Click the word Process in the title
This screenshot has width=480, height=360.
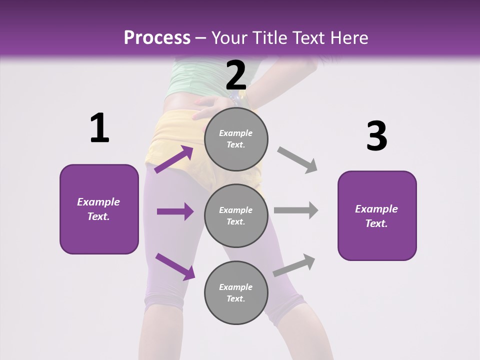point(157,38)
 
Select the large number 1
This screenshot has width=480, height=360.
point(99,128)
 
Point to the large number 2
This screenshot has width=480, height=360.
point(236,75)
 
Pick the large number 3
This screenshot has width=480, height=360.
point(376,136)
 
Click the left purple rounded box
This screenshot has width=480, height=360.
point(99,209)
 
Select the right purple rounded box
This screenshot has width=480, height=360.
point(377,216)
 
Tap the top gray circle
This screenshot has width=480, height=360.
point(236,139)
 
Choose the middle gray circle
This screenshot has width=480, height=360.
point(236,215)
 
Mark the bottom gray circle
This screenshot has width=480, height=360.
point(236,292)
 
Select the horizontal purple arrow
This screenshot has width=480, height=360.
point(175,211)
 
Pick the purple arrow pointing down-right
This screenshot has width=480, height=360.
point(175,266)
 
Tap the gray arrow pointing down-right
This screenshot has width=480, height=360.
point(297,160)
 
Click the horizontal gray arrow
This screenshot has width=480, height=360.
point(296,210)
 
